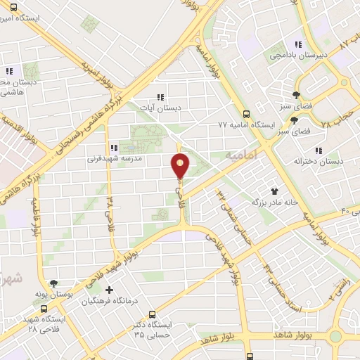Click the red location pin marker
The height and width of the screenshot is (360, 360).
click(181, 167)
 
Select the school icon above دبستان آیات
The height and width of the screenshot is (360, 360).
click(160, 97)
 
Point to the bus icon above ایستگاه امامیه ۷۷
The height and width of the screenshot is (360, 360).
click(245, 113)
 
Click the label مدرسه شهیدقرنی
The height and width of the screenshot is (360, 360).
click(110, 159)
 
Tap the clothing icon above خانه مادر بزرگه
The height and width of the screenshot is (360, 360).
click(275, 191)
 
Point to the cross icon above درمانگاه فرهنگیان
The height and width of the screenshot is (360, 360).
click(108, 290)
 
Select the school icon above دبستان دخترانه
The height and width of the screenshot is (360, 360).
click(319, 150)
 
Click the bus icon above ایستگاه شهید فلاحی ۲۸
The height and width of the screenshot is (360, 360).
click(44, 308)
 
